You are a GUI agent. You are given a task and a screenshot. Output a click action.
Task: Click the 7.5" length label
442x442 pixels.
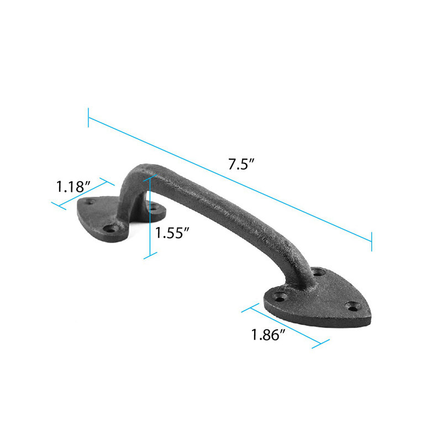click(x=241, y=164)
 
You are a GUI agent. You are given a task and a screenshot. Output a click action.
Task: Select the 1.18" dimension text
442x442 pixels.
click(x=73, y=186)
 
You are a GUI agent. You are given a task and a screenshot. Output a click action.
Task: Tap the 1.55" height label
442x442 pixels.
click(x=172, y=233)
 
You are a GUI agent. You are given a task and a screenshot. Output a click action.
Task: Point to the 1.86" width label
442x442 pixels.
click(x=268, y=335)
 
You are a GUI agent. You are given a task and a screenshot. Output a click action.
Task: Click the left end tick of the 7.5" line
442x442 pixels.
click(x=88, y=118)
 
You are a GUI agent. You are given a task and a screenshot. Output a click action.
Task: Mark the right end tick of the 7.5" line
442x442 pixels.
click(x=371, y=241)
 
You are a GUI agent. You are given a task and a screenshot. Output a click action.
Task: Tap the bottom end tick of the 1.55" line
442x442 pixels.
click(x=150, y=255)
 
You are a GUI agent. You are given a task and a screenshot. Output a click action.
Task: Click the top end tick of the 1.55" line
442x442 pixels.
click(x=150, y=178)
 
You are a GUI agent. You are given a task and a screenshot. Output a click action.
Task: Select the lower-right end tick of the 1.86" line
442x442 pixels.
click(x=320, y=344)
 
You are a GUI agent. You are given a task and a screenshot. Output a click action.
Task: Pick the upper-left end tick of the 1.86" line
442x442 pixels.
click(x=250, y=308)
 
